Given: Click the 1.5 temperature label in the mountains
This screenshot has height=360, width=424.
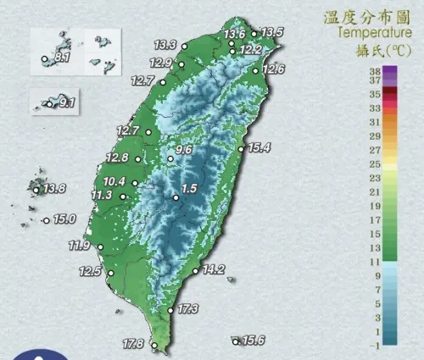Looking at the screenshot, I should (190, 189).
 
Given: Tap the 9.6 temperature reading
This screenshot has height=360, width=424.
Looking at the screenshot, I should (184, 150).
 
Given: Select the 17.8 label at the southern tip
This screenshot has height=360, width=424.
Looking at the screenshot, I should (133, 344).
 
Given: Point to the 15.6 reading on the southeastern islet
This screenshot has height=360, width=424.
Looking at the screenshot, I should (254, 341).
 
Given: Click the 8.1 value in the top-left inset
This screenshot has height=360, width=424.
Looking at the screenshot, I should (61, 58).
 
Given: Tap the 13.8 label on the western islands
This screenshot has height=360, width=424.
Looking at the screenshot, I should (55, 188).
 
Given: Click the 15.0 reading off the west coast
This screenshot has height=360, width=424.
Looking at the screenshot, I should (64, 219).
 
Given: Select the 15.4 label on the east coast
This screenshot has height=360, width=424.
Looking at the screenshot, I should (259, 148).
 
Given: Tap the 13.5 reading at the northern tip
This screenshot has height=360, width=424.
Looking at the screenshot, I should (271, 33).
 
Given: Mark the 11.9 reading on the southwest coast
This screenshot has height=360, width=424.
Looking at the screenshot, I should (80, 246).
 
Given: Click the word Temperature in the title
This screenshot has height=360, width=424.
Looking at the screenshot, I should (370, 33).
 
